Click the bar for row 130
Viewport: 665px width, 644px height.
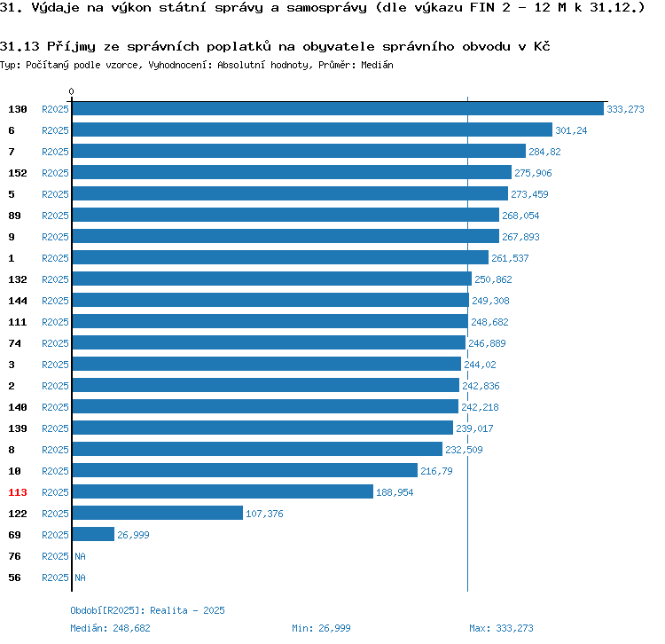click(x=337, y=108)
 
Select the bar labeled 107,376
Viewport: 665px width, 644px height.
click(x=157, y=513)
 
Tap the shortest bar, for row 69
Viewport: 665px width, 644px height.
click(x=93, y=534)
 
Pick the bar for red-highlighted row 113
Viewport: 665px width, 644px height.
click(x=223, y=491)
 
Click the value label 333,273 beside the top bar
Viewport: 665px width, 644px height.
click(x=625, y=109)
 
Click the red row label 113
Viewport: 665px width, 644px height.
click(x=17, y=492)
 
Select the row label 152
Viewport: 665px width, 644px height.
click(x=17, y=173)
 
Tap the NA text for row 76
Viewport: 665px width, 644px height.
click(x=80, y=556)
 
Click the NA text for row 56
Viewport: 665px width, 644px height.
click(x=80, y=577)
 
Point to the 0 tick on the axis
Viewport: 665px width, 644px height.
click(x=72, y=91)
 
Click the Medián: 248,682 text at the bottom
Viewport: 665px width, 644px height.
click(x=110, y=628)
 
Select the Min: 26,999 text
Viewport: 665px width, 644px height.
click(x=321, y=628)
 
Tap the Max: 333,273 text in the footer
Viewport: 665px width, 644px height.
click(x=501, y=628)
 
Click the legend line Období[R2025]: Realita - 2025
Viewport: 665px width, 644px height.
click(x=147, y=610)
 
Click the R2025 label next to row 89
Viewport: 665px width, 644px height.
click(x=55, y=216)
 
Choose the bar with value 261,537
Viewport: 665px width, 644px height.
click(x=280, y=257)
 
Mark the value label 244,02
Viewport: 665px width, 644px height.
click(x=480, y=365)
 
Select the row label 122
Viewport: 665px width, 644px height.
click(x=17, y=514)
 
